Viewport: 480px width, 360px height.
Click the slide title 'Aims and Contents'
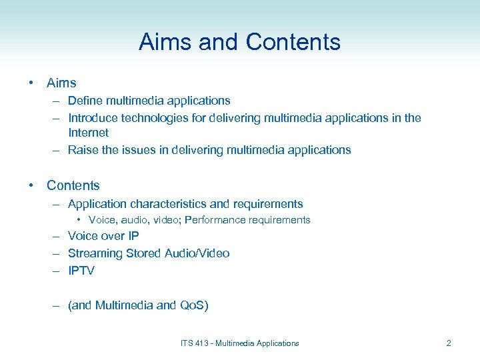(239, 42)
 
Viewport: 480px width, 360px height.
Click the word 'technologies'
(154, 118)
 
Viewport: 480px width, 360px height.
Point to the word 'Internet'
(88, 133)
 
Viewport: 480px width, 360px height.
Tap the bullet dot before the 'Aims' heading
(31, 83)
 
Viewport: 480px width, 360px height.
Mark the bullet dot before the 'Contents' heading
(31, 186)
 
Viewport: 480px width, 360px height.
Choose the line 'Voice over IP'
(103, 236)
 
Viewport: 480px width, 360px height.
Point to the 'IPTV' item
(81, 271)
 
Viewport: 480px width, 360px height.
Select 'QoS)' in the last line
(195, 305)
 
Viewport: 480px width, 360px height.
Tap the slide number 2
(449, 343)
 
